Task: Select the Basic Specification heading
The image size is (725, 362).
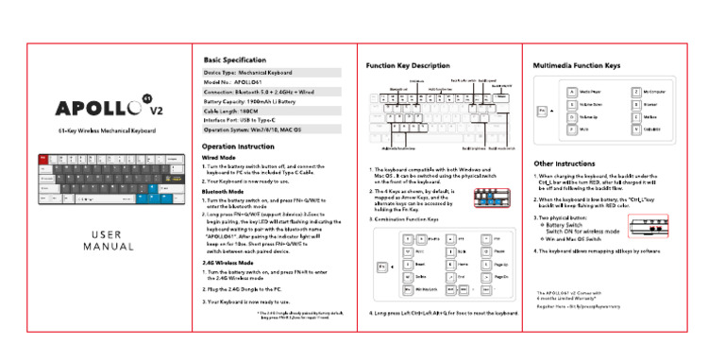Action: (x=234, y=60)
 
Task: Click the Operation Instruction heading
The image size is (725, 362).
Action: (x=238, y=147)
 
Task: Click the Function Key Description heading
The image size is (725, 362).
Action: (x=408, y=65)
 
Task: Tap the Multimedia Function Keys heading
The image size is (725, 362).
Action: (x=576, y=65)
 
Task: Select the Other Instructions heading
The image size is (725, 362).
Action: (x=565, y=164)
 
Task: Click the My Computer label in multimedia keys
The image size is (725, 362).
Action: (x=655, y=92)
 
